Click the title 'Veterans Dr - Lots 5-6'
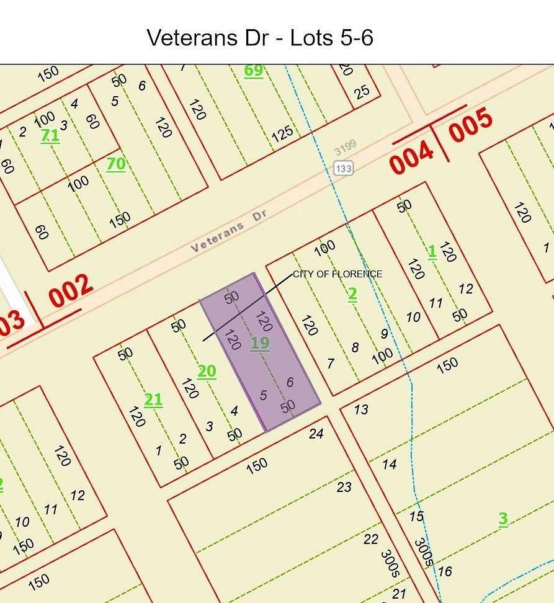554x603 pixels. pyautogui.click(x=260, y=38)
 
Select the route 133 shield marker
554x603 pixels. pyautogui.click(x=342, y=167)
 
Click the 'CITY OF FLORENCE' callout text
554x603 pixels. pyautogui.click(x=337, y=274)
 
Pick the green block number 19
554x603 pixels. pyautogui.click(x=260, y=343)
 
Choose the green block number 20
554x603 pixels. pyautogui.click(x=207, y=372)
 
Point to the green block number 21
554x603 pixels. pyautogui.click(x=153, y=400)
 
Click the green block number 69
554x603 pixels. pyautogui.click(x=253, y=70)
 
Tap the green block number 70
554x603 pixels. pyautogui.click(x=116, y=164)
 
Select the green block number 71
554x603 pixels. pyautogui.click(x=50, y=136)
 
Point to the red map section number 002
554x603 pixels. pyautogui.click(x=71, y=292)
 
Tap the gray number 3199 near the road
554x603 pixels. pyautogui.click(x=345, y=148)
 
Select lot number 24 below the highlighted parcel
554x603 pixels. pyautogui.click(x=316, y=434)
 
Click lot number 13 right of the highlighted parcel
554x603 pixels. pyautogui.click(x=361, y=409)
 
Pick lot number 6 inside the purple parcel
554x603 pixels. pyautogui.click(x=290, y=382)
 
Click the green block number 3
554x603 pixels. pyautogui.click(x=503, y=519)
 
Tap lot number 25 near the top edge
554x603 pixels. pyautogui.click(x=362, y=92)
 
